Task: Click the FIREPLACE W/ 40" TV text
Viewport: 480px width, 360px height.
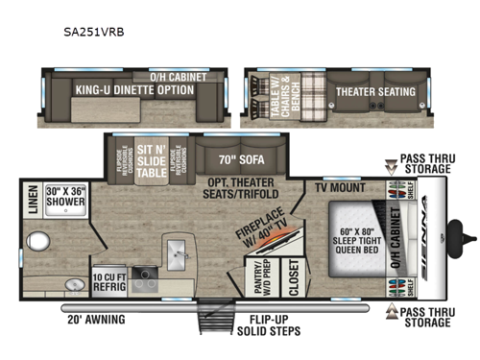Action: click(x=266, y=235)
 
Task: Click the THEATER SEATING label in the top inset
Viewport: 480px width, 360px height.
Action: click(x=375, y=92)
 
